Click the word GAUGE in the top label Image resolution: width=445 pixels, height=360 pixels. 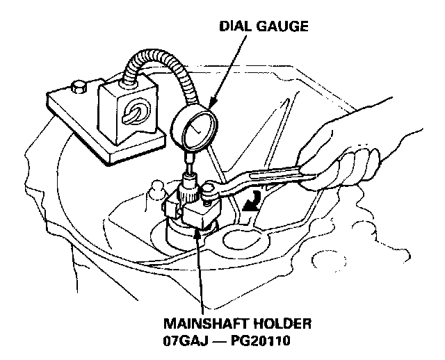point(282,27)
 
